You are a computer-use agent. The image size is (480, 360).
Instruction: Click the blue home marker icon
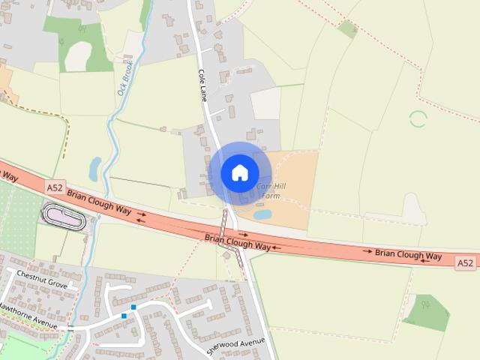pos(240,172)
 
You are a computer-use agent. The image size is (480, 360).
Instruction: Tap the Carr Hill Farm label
pos(268,190)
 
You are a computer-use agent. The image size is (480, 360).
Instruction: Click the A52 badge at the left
pos(55,187)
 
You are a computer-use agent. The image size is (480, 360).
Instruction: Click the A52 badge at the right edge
pos(465,262)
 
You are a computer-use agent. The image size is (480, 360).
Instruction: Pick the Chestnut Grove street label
pos(42,286)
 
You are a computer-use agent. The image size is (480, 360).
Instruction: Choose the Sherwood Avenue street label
pos(235,346)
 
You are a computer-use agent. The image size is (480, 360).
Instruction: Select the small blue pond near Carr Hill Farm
pos(262,214)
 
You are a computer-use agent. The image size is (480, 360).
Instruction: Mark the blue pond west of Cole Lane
pos(95,169)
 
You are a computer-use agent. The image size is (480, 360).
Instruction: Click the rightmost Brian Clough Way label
pos(409,255)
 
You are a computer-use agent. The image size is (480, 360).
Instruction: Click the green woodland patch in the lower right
pos(428,311)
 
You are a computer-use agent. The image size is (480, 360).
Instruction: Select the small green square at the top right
pos(347,28)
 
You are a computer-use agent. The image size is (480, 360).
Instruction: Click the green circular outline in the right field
pos(418,118)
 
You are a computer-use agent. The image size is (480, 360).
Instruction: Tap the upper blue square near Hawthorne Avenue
pos(133,307)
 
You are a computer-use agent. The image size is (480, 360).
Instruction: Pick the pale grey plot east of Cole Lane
pos(265,103)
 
